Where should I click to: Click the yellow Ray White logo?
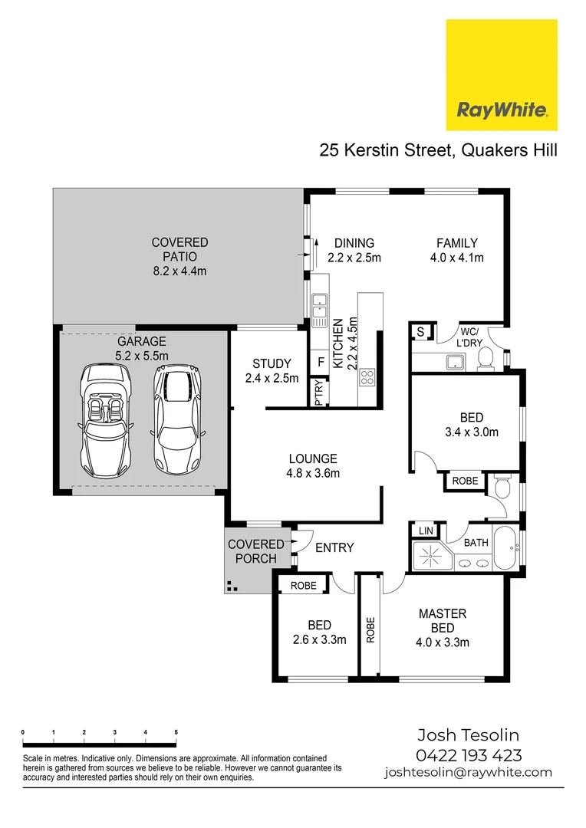pyautogui.click(x=502, y=74)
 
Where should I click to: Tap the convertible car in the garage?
pyautogui.click(x=105, y=419)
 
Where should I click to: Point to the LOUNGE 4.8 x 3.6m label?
pyautogui.click(x=312, y=466)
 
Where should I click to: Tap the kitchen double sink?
pyautogui.click(x=319, y=304)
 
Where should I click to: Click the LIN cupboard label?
pyautogui.click(x=424, y=531)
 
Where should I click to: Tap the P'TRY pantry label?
pyautogui.click(x=318, y=393)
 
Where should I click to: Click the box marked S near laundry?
pyautogui.click(x=420, y=332)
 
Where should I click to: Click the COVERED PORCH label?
pyautogui.click(x=255, y=551)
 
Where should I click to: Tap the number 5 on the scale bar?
pyautogui.click(x=176, y=733)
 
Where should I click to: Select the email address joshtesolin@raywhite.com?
pyautogui.click(x=468, y=773)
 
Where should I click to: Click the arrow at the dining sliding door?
pyautogui.click(x=314, y=251)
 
